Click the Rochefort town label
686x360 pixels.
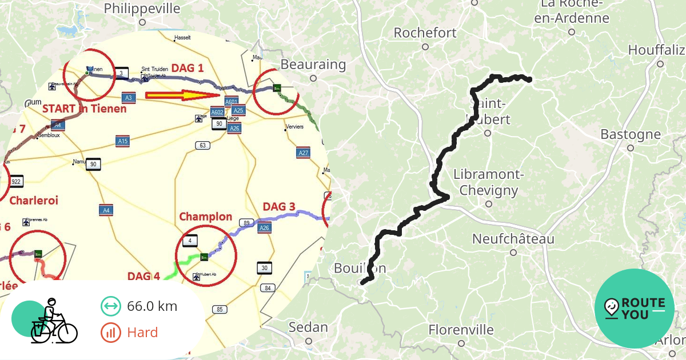[425, 33]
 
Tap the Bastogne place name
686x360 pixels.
[630, 135]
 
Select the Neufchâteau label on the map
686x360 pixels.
[513, 239]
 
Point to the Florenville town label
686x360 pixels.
[461, 330]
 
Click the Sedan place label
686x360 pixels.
[308, 327]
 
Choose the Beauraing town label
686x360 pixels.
[313, 65]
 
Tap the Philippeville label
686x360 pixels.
[142, 9]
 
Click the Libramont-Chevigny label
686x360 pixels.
[489, 182]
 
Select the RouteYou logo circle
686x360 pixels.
[635, 309]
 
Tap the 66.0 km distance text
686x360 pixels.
[152, 306]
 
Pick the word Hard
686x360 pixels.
[142, 332]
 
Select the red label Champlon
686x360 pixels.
[206, 217]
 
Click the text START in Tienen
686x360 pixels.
[84, 109]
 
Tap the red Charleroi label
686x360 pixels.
[34, 201]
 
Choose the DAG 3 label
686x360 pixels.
[279, 206]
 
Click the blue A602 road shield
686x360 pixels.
[217, 112]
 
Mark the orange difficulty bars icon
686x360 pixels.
[110, 332]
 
